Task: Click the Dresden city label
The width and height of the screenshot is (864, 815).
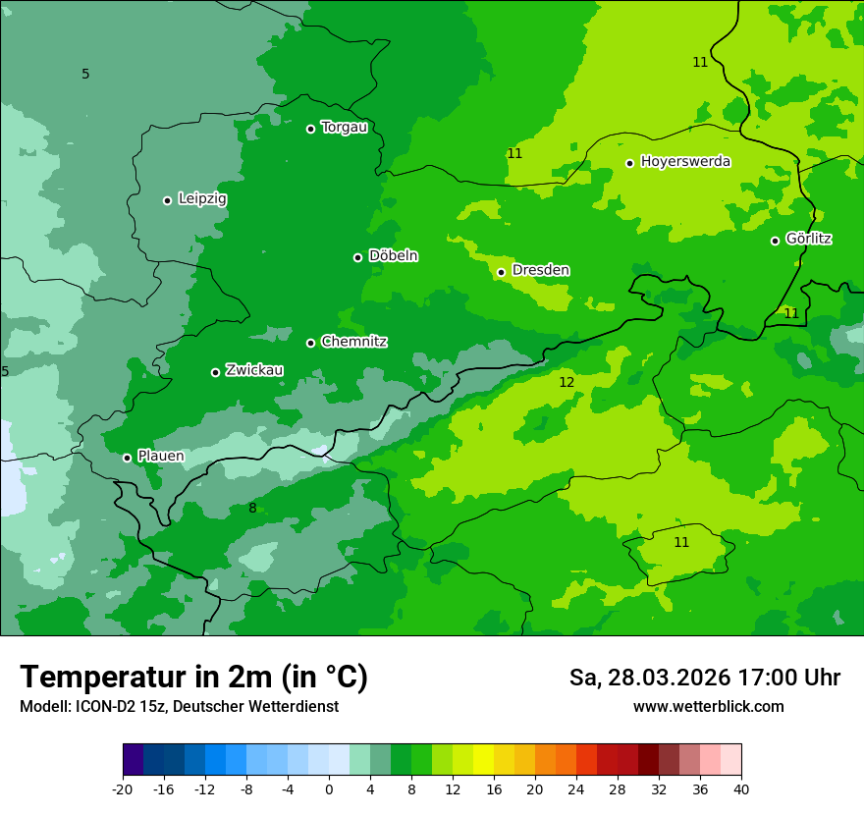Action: coord(540,270)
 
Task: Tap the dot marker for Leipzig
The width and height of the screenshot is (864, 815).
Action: coord(167,200)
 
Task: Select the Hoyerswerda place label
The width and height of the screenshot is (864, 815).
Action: coord(685,161)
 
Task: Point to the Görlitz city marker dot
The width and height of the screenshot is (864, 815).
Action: coord(775,241)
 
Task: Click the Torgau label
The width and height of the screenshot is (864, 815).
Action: coord(344,128)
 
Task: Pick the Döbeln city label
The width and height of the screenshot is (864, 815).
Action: coord(393,256)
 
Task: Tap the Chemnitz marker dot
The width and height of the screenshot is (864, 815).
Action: coord(310,343)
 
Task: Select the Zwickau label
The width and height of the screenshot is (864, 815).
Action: coord(254,370)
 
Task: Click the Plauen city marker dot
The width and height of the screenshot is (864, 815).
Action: coord(127,458)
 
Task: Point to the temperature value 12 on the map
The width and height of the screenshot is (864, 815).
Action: coord(567,382)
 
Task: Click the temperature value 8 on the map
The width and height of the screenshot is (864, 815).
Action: coord(252,508)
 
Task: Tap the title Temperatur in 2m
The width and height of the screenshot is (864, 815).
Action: coord(193,677)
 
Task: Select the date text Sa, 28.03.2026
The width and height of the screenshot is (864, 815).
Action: coord(649,678)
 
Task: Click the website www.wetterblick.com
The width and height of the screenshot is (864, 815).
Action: coord(708,706)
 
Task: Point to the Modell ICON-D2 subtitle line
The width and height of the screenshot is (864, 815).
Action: coord(179,706)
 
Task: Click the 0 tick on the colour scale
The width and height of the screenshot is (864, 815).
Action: coord(329,788)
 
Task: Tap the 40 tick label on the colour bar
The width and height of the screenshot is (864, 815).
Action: coord(740,788)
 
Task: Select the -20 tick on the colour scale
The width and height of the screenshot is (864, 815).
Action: coord(123,788)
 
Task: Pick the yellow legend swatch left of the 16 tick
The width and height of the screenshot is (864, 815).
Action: coord(483,760)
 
